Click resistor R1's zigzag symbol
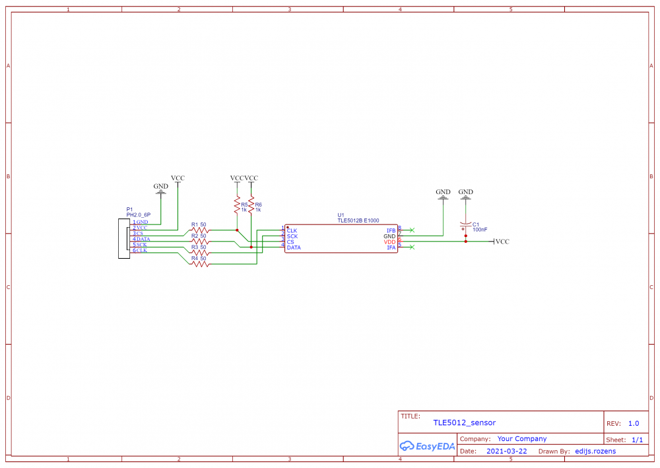[199, 230]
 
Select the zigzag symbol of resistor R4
[199, 264]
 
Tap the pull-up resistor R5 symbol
[236, 206]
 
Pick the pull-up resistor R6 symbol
[251, 206]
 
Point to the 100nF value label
[480, 230]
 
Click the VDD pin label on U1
[390, 242]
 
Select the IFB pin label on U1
[391, 230]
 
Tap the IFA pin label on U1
[391, 248]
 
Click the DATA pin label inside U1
[294, 248]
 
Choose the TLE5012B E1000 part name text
[358, 221]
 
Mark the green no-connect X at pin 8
[412, 230]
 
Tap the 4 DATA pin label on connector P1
[142, 239]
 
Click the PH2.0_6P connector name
[139, 215]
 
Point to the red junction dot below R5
[236, 230]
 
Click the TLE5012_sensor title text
[464, 422]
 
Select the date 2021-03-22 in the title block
[506, 451]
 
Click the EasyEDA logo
[428, 446]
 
